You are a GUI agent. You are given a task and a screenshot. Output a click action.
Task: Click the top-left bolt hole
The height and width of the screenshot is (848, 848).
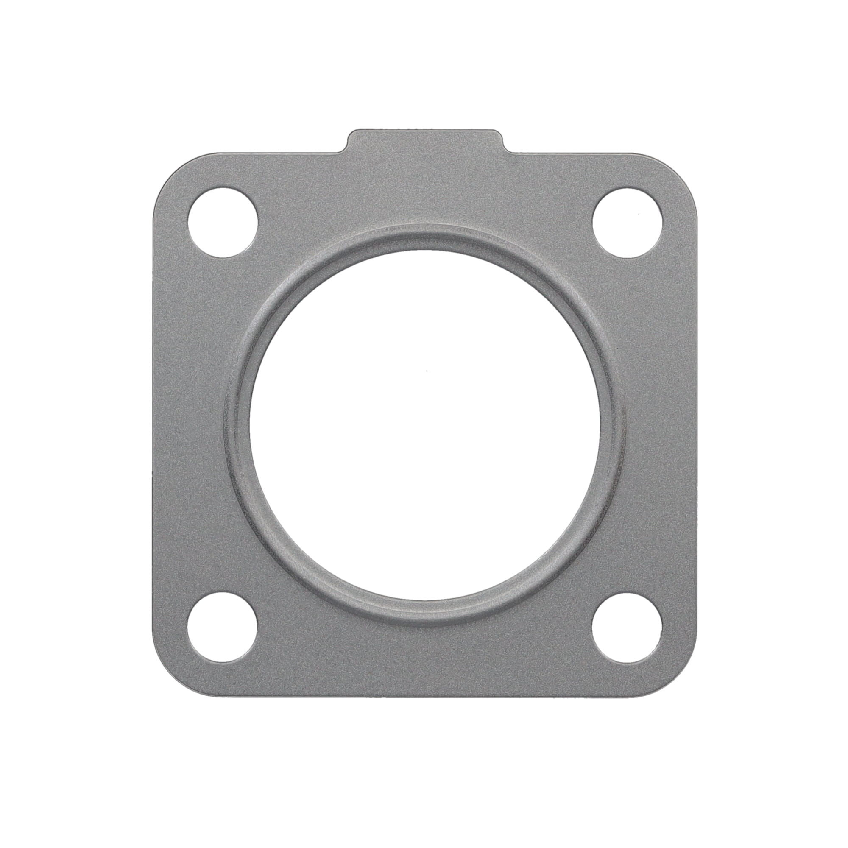point(223,222)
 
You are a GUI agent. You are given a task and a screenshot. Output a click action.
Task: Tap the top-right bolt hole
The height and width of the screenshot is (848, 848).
point(627,222)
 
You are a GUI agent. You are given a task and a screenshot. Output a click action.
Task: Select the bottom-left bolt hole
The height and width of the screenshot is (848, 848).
point(223,627)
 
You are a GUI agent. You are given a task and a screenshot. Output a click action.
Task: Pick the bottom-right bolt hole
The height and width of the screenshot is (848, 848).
point(627,627)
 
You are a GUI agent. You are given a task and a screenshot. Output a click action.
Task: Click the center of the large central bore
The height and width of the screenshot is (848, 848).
point(425,424)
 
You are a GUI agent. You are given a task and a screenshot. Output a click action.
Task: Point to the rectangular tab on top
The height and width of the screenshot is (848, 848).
point(424,141)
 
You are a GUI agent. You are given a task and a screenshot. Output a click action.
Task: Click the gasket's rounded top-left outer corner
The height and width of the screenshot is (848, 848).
point(167,167)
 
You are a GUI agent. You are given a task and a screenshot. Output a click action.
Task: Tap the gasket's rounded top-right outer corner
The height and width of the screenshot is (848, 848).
point(683,167)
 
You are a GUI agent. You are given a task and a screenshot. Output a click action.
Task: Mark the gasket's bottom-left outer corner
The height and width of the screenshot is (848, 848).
point(167,683)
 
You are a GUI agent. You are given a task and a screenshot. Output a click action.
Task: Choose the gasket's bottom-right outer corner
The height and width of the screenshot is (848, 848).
point(683,683)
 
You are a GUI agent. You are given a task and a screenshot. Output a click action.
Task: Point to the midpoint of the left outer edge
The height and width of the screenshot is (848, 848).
point(153,425)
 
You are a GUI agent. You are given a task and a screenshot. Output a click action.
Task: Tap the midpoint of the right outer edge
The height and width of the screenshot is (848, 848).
point(697,425)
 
